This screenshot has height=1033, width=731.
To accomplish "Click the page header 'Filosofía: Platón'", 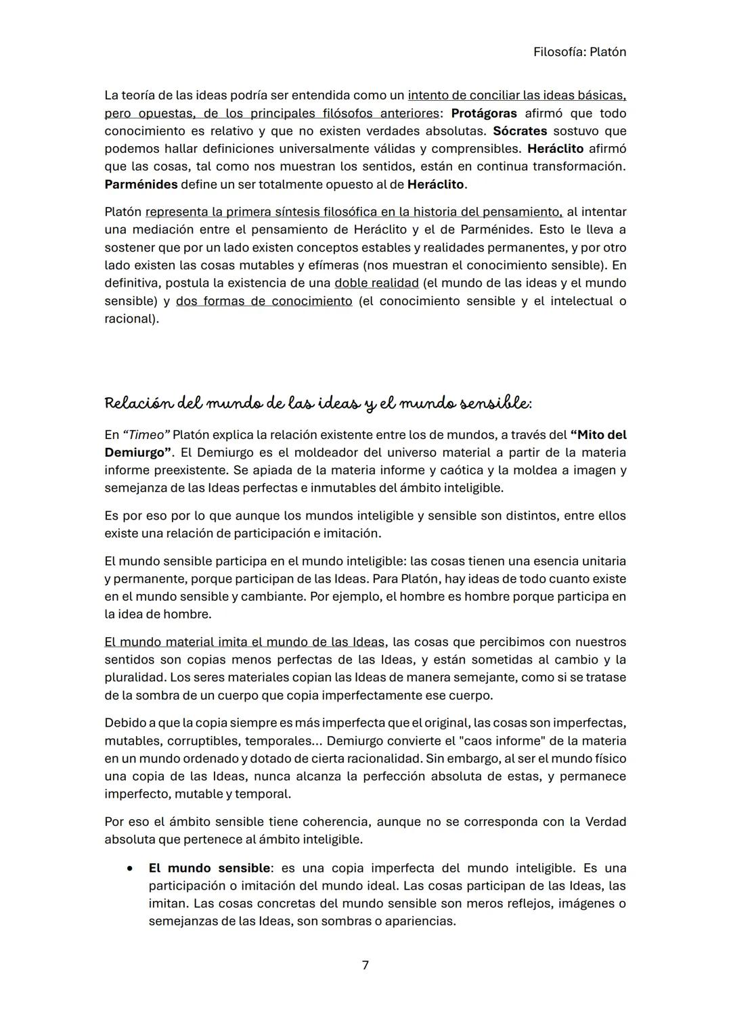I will click(x=579, y=52).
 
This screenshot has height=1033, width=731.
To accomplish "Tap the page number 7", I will click(x=365, y=965).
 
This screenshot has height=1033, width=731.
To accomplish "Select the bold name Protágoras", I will click(x=484, y=114).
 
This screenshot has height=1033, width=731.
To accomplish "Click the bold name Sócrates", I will click(x=520, y=131).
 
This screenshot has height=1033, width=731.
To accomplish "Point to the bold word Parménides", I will click(x=141, y=184).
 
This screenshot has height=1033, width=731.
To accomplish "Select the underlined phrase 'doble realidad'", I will click(x=376, y=283).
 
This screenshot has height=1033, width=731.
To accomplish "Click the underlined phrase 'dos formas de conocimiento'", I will click(x=264, y=301).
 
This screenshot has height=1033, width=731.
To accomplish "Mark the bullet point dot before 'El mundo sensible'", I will click(x=129, y=868).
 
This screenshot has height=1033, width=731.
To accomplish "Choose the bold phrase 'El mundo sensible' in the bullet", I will click(x=209, y=868).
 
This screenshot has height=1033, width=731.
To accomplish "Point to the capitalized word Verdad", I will click(x=605, y=822).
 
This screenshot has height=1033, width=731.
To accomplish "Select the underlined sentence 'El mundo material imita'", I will click(x=244, y=642).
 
